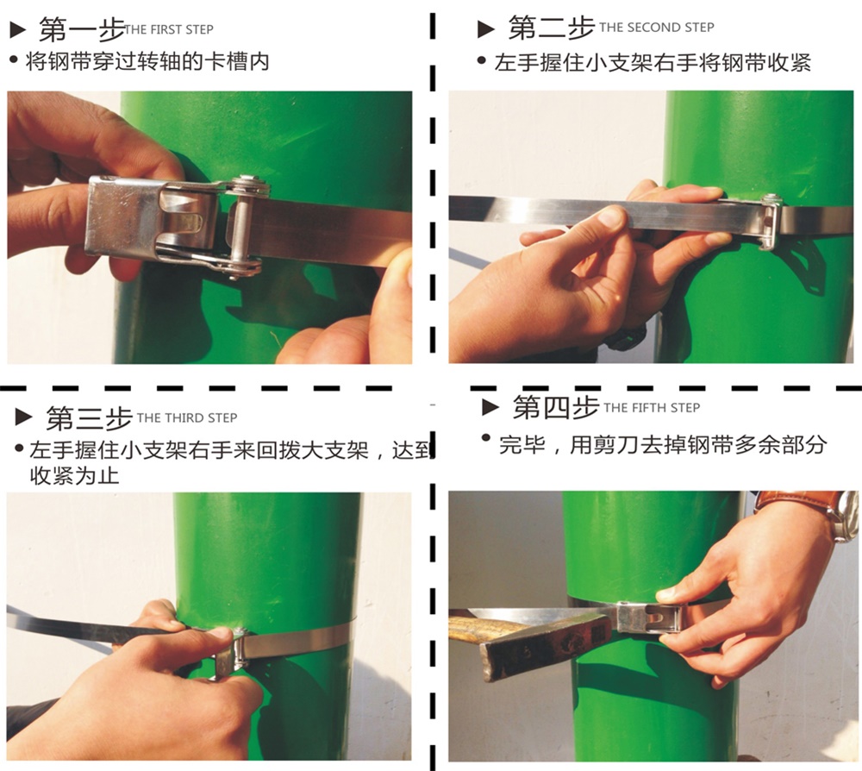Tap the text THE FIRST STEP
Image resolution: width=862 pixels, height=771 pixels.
pyautogui.click(x=169, y=29)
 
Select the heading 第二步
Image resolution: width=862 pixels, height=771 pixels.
pyautogui.click(x=552, y=28)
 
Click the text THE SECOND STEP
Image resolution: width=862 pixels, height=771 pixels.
pyautogui.click(x=656, y=27)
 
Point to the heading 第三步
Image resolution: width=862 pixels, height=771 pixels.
pyautogui.click(x=89, y=418)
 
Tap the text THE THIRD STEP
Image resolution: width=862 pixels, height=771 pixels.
pyautogui.click(x=187, y=418)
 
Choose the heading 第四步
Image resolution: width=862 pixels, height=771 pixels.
pyautogui.click(x=556, y=408)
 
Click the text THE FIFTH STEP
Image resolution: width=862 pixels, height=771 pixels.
pyautogui.click(x=652, y=408)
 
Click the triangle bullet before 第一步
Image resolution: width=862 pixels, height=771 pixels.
pyautogui.click(x=18, y=29)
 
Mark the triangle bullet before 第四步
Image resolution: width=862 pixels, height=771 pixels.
pyautogui.click(x=490, y=407)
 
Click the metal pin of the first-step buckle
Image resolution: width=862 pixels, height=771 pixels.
pyautogui.click(x=240, y=227)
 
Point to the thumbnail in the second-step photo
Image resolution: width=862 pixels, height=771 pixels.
pyautogui.click(x=611, y=217)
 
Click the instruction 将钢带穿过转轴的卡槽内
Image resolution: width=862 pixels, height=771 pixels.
pyautogui.click(x=147, y=61)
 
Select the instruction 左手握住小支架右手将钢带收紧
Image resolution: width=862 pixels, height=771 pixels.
pyautogui.click(x=653, y=63)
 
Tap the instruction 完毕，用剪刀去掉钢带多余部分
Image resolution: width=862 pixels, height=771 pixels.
pyautogui.click(x=662, y=444)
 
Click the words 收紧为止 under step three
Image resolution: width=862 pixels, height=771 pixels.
pyautogui.click(x=75, y=476)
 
